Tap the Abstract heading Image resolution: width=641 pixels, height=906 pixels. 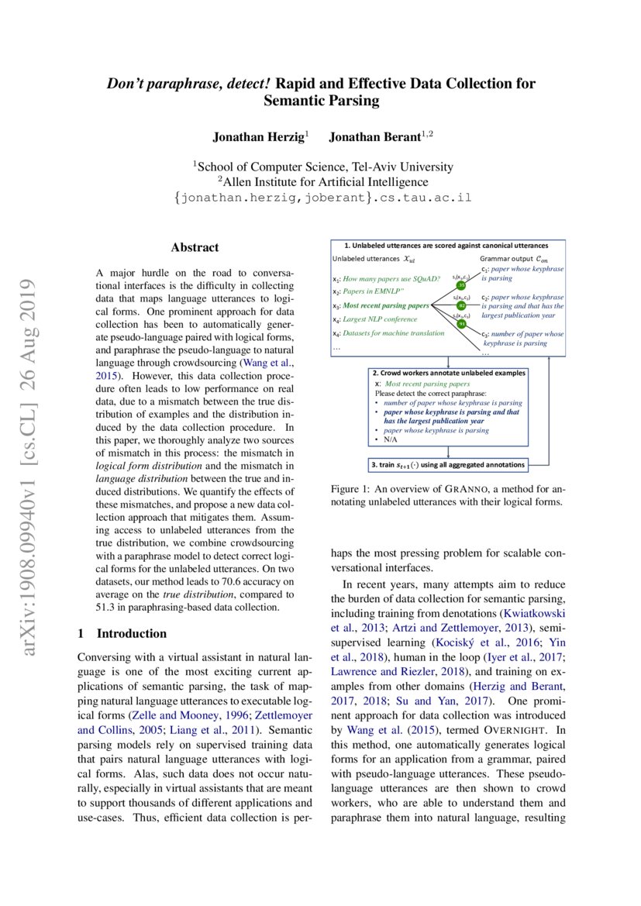point(195,248)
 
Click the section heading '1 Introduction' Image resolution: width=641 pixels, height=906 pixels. point(122,633)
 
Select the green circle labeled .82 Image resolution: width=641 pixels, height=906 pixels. point(461,306)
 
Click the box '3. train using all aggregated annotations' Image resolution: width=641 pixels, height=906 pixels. point(447,465)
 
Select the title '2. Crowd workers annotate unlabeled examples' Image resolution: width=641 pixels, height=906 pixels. point(448,373)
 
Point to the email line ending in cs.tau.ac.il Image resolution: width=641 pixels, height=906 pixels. point(322,198)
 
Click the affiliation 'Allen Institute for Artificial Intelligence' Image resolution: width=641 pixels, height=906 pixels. point(322,182)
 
